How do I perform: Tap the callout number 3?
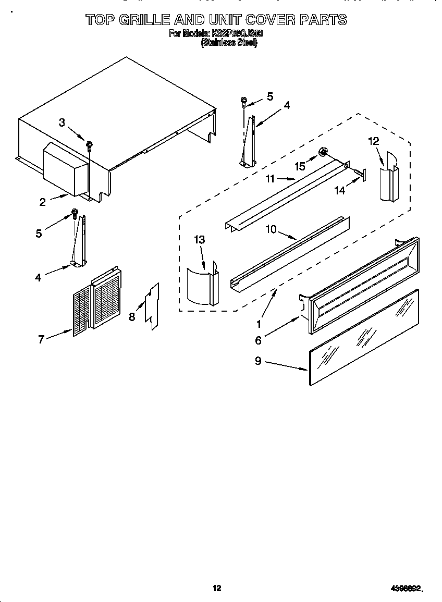point(62,123)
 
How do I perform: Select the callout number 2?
point(43,202)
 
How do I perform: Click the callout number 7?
point(41,339)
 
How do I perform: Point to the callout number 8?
point(132,316)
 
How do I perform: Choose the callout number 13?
point(199,240)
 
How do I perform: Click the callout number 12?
point(373,141)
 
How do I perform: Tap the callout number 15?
point(300,166)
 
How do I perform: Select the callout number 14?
point(339,191)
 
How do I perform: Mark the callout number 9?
point(259,361)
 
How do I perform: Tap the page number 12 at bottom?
point(217,588)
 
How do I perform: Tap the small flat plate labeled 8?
point(152,308)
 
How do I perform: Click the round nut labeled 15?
point(323,152)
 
